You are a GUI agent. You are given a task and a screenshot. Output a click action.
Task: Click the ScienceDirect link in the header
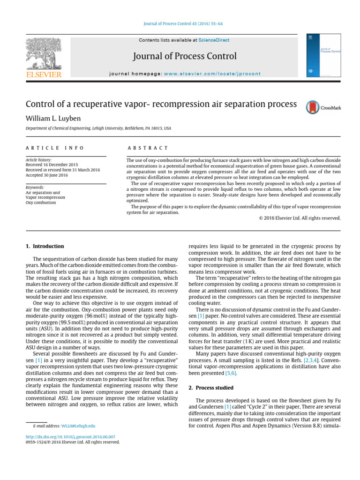pos(214,40)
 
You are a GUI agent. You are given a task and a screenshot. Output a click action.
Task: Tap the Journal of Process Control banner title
pos(185,57)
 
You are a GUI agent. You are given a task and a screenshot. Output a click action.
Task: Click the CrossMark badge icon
pos(323,107)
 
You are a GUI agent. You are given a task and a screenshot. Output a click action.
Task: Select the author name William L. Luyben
pos(54,117)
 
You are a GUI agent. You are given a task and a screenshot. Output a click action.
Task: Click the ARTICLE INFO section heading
pos(55,148)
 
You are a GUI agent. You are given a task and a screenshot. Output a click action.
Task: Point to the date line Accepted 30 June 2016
pos(47,175)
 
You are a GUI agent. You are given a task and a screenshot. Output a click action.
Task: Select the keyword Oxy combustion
pos(41,203)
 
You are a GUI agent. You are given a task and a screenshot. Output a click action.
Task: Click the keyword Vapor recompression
pos(45,198)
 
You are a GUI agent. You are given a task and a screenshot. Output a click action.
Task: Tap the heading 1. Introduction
pos(45,246)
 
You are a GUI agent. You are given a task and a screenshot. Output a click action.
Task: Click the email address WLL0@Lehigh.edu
pos(78,426)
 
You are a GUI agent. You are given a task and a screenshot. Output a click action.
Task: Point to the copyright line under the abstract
pos(300,218)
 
